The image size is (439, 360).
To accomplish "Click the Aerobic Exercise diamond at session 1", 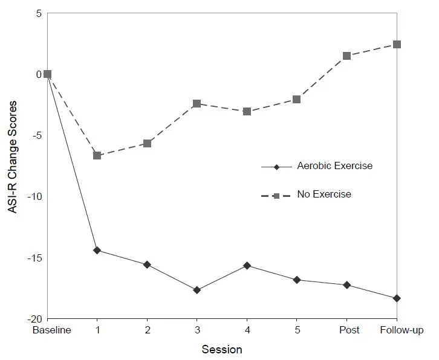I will click(x=97, y=250).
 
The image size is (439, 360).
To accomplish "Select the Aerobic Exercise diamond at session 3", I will click(x=197, y=290).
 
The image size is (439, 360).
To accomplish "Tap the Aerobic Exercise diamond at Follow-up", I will click(x=397, y=298).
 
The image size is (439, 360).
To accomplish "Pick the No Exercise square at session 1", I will click(x=97, y=155).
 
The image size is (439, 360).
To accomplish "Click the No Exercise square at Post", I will click(x=347, y=56).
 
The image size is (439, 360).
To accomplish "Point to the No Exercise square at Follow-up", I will click(x=397, y=44).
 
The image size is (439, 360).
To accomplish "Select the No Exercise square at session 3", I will click(x=197, y=103).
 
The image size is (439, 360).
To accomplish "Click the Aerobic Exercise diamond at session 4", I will click(x=247, y=265).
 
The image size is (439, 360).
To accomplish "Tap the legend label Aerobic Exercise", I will click(x=334, y=166).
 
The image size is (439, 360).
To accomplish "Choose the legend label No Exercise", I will click(x=324, y=194).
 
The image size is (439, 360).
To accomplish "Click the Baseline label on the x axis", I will click(x=51, y=330).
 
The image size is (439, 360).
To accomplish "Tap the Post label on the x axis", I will click(x=349, y=330).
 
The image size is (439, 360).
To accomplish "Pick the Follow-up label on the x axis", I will click(x=402, y=330).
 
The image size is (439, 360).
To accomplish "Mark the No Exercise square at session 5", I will click(x=296, y=99).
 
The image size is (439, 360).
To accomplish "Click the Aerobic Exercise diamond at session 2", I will click(x=147, y=265).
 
